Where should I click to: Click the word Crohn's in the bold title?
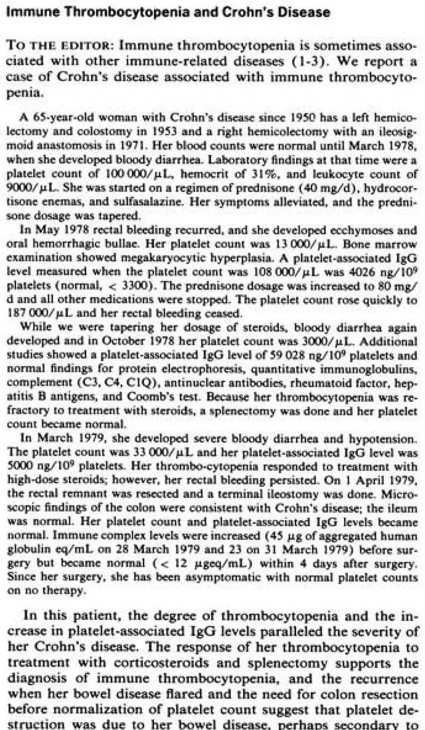pos(199,11)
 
